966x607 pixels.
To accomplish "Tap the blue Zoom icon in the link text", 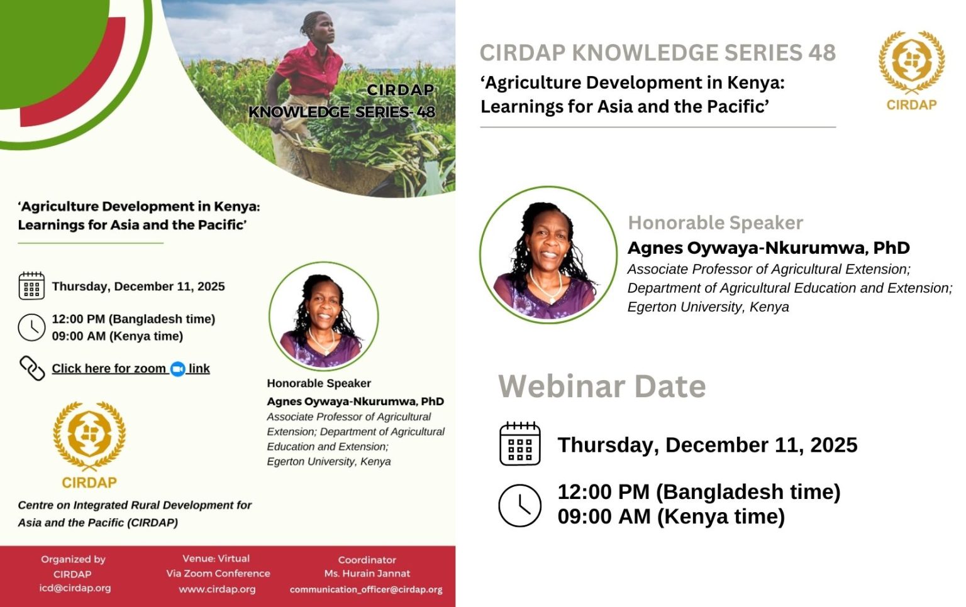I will tap(178, 369).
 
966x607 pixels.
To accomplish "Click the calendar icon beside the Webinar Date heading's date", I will tap(519, 444).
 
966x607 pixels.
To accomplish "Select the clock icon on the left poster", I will tap(31, 327).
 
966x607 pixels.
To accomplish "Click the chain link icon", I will tap(32, 368).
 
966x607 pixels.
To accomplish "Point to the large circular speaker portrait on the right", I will tap(548, 255).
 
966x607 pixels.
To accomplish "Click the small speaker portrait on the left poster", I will tap(323, 316).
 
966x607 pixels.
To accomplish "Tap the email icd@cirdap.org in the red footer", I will tap(75, 588).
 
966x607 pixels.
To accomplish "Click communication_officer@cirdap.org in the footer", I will tap(366, 589).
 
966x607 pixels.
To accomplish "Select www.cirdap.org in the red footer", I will tap(217, 589).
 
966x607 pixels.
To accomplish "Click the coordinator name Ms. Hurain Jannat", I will tap(367, 573).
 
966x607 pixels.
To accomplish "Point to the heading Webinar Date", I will tap(602, 386).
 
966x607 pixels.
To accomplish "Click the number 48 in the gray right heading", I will tap(821, 53).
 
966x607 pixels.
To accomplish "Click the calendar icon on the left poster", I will tap(31, 286).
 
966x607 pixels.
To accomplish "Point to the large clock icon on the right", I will tap(519, 505).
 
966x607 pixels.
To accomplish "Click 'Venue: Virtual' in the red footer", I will tap(216, 558).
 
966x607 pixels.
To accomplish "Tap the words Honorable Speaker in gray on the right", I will tap(715, 223).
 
